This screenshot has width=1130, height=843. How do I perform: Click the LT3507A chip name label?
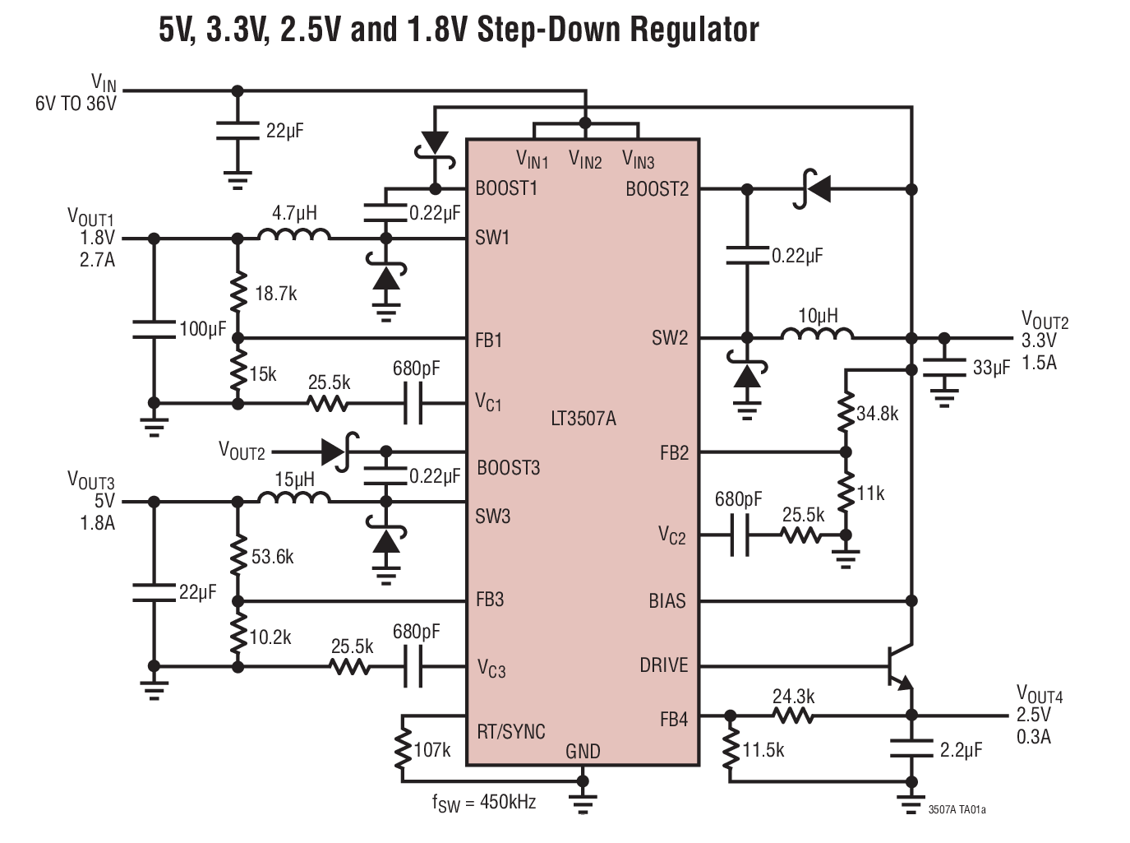(583, 419)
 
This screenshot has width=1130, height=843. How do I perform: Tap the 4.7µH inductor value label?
(294, 213)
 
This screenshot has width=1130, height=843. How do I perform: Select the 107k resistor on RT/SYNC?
(403, 748)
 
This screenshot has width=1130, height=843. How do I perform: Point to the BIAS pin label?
(666, 601)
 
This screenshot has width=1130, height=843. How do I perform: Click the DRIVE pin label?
(663, 665)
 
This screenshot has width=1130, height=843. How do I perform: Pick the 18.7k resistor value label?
(276, 294)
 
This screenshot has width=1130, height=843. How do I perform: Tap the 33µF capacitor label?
(991, 368)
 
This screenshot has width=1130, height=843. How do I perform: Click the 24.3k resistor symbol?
(794, 716)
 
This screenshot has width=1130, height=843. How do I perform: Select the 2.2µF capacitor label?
(961, 750)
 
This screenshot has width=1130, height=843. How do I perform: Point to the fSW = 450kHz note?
(484, 803)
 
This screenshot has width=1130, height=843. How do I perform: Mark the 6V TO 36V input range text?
(76, 104)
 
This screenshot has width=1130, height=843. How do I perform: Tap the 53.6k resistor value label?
(273, 557)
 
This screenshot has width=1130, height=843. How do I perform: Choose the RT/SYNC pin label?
(510, 731)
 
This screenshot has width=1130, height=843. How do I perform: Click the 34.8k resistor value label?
(878, 414)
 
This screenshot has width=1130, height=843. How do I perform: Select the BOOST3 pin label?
(508, 468)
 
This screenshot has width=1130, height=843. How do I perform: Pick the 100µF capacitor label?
(202, 330)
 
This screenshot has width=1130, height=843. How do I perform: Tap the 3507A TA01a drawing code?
(957, 810)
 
